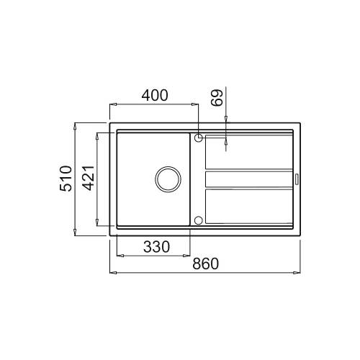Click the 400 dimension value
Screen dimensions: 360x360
point(155,95)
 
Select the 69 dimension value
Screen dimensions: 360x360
point(217,98)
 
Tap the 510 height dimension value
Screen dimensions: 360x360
point(66,178)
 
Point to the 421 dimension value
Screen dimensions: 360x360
point(88,178)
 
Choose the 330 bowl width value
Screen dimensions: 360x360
point(156,247)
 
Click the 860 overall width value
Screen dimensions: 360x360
point(205,264)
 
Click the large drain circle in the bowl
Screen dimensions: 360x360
point(168,179)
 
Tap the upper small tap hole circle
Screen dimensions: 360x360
point(199,138)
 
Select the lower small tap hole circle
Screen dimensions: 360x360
point(199,220)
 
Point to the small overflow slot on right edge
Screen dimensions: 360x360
point(297,179)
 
